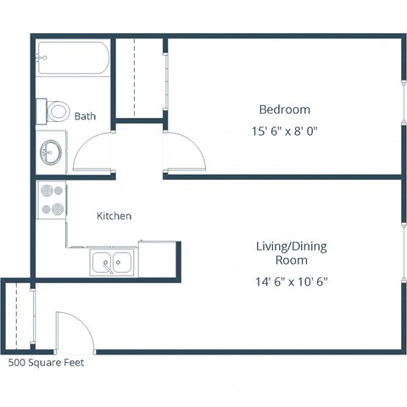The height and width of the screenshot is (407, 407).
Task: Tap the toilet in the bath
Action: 55,110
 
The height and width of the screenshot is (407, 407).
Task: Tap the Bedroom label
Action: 284,109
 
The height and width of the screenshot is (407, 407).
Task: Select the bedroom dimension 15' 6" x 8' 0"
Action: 284,131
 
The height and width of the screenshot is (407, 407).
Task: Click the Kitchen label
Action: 114,216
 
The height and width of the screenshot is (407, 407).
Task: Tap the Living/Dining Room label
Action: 291,253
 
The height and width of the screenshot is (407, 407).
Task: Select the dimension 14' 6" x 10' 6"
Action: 291,282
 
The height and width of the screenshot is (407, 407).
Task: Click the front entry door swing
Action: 72,335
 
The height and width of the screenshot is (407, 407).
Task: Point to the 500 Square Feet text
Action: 46,362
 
